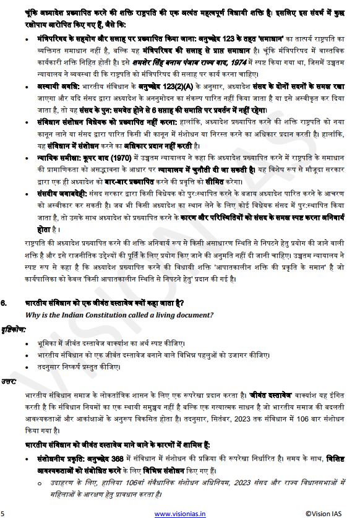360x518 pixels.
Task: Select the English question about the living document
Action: [x=119, y=314]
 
